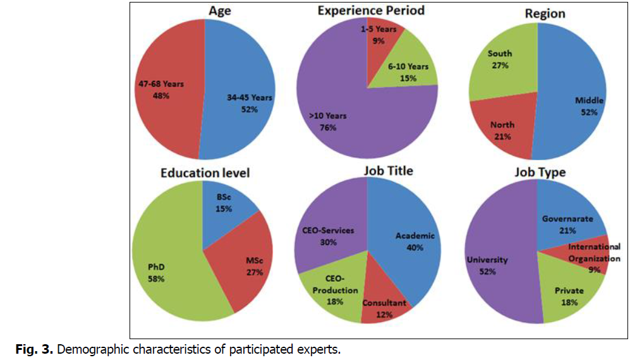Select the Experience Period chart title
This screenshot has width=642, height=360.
[x=371, y=11]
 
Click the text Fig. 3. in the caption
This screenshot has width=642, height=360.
[x=33, y=349]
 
